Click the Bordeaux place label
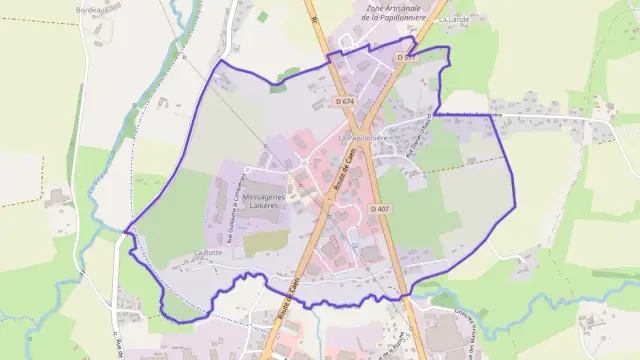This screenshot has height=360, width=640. click(x=92, y=9)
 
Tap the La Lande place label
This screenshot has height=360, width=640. click(x=453, y=19)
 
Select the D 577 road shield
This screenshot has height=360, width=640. click(x=405, y=58)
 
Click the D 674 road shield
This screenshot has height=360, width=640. click(x=344, y=101)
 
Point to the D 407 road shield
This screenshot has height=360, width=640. click(x=379, y=208)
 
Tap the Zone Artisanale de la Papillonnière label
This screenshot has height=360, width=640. click(x=388, y=11)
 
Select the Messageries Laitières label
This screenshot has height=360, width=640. click(x=264, y=200)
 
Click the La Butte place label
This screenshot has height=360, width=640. click(x=208, y=253)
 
